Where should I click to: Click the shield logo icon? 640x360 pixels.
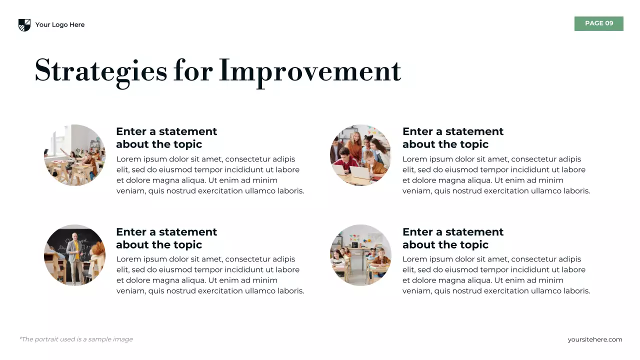coord(24,25)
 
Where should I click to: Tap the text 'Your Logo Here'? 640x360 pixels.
coord(60,25)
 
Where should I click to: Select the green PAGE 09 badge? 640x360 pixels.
coord(598,23)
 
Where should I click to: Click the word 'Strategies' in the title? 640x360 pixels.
coord(100,70)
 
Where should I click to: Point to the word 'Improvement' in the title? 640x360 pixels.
coord(310,70)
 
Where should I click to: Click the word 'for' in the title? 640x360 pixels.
coord(193,70)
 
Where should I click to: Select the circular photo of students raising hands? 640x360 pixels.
coord(74,155)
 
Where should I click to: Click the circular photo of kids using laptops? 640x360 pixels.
coord(360,155)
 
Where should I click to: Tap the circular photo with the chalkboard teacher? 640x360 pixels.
coord(74,255)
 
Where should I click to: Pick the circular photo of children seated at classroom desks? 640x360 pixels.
coord(360,255)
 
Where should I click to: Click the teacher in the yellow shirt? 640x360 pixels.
coord(74,255)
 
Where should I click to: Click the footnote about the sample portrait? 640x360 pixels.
coord(76,339)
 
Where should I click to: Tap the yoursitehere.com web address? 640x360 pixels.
coord(594,339)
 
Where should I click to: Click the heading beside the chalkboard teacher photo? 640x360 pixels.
coord(166,238)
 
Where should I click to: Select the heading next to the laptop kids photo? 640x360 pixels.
coord(453,137)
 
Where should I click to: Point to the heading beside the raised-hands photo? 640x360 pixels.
coord(166,137)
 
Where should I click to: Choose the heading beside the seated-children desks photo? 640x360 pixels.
coord(453,238)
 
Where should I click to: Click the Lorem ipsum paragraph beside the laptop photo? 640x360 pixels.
coord(496,175)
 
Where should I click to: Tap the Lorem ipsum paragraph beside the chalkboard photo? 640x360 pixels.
coord(210,275)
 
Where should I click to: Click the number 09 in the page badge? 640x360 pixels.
coord(609,23)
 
